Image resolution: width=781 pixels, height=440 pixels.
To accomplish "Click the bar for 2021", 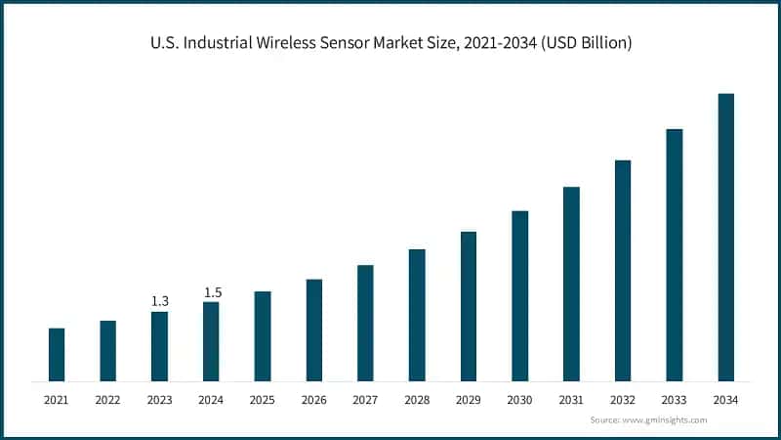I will pos(57,354).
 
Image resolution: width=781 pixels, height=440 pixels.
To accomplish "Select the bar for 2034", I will pos(725,237).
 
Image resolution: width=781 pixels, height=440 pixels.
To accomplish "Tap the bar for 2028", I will pos(417,315).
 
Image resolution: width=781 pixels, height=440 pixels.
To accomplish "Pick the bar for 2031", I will pos(571,284).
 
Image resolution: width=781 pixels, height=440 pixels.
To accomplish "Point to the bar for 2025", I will pos(263,335).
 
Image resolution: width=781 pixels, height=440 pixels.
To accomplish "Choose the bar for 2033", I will pos(674,254).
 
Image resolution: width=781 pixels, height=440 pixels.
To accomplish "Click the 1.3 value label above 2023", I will pos(159,301).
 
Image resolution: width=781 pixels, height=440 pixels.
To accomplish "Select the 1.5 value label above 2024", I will pos(211,291).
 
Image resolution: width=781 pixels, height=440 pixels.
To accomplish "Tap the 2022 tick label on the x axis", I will pos(107,400).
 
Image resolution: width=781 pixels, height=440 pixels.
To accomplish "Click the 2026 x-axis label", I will pos(313,400).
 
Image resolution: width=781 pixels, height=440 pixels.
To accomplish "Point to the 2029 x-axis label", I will pos(468,400).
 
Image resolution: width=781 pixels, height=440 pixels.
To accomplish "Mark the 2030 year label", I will pos(519,400).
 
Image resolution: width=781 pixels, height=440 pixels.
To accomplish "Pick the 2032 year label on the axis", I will pos(622,400).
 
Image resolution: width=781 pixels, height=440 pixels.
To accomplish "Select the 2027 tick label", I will pos(365,400).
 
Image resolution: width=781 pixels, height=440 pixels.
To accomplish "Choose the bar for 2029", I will pos(469,306).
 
